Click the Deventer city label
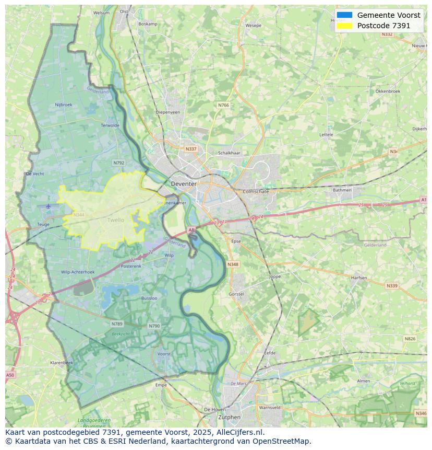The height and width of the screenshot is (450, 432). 184,184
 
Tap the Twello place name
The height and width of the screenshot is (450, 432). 116,220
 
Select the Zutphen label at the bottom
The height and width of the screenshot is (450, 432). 229,417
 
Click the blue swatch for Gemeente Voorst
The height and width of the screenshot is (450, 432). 344,15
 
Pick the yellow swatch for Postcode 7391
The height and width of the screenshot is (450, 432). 344,26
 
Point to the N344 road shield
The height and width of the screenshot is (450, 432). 79,215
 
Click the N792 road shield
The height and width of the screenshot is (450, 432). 119,163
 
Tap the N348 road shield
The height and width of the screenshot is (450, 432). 233,264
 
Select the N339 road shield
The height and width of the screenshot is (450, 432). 391,286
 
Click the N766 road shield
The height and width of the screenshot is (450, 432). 223,105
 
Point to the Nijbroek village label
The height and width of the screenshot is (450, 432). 64,105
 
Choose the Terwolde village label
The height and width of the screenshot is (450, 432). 110,125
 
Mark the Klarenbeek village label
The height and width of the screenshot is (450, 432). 62,362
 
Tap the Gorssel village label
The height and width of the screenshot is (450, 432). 236,294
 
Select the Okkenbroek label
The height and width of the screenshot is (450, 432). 388,91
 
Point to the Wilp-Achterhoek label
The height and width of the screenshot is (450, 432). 78,272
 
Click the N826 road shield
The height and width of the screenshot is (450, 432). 410,339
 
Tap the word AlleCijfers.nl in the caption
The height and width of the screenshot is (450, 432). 240,433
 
